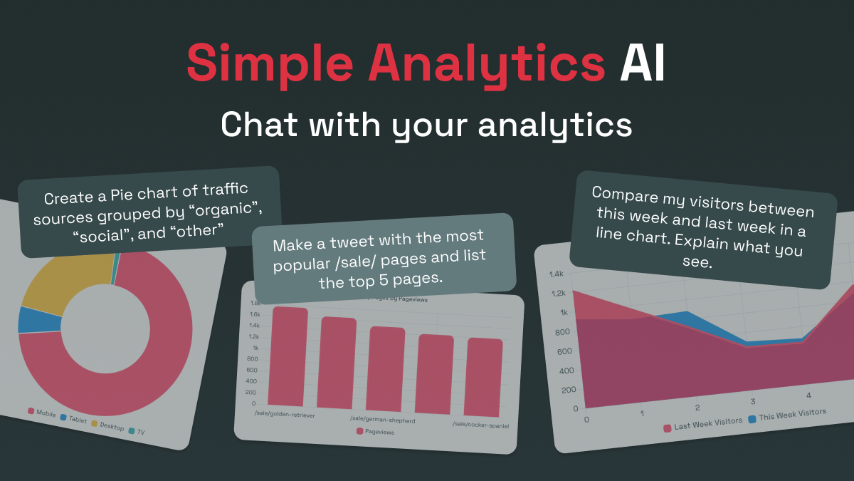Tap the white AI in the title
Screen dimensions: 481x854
(x=642, y=63)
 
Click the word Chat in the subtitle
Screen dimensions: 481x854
(x=257, y=125)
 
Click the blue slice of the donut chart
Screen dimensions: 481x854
(x=31, y=319)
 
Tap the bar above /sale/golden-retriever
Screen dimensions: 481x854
(x=288, y=356)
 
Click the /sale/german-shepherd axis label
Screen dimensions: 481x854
(x=383, y=420)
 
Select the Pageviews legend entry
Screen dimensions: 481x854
(x=379, y=431)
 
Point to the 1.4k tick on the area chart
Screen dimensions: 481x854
(x=556, y=274)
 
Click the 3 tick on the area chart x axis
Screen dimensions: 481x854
(x=753, y=401)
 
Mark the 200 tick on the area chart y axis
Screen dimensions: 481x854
(x=569, y=390)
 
